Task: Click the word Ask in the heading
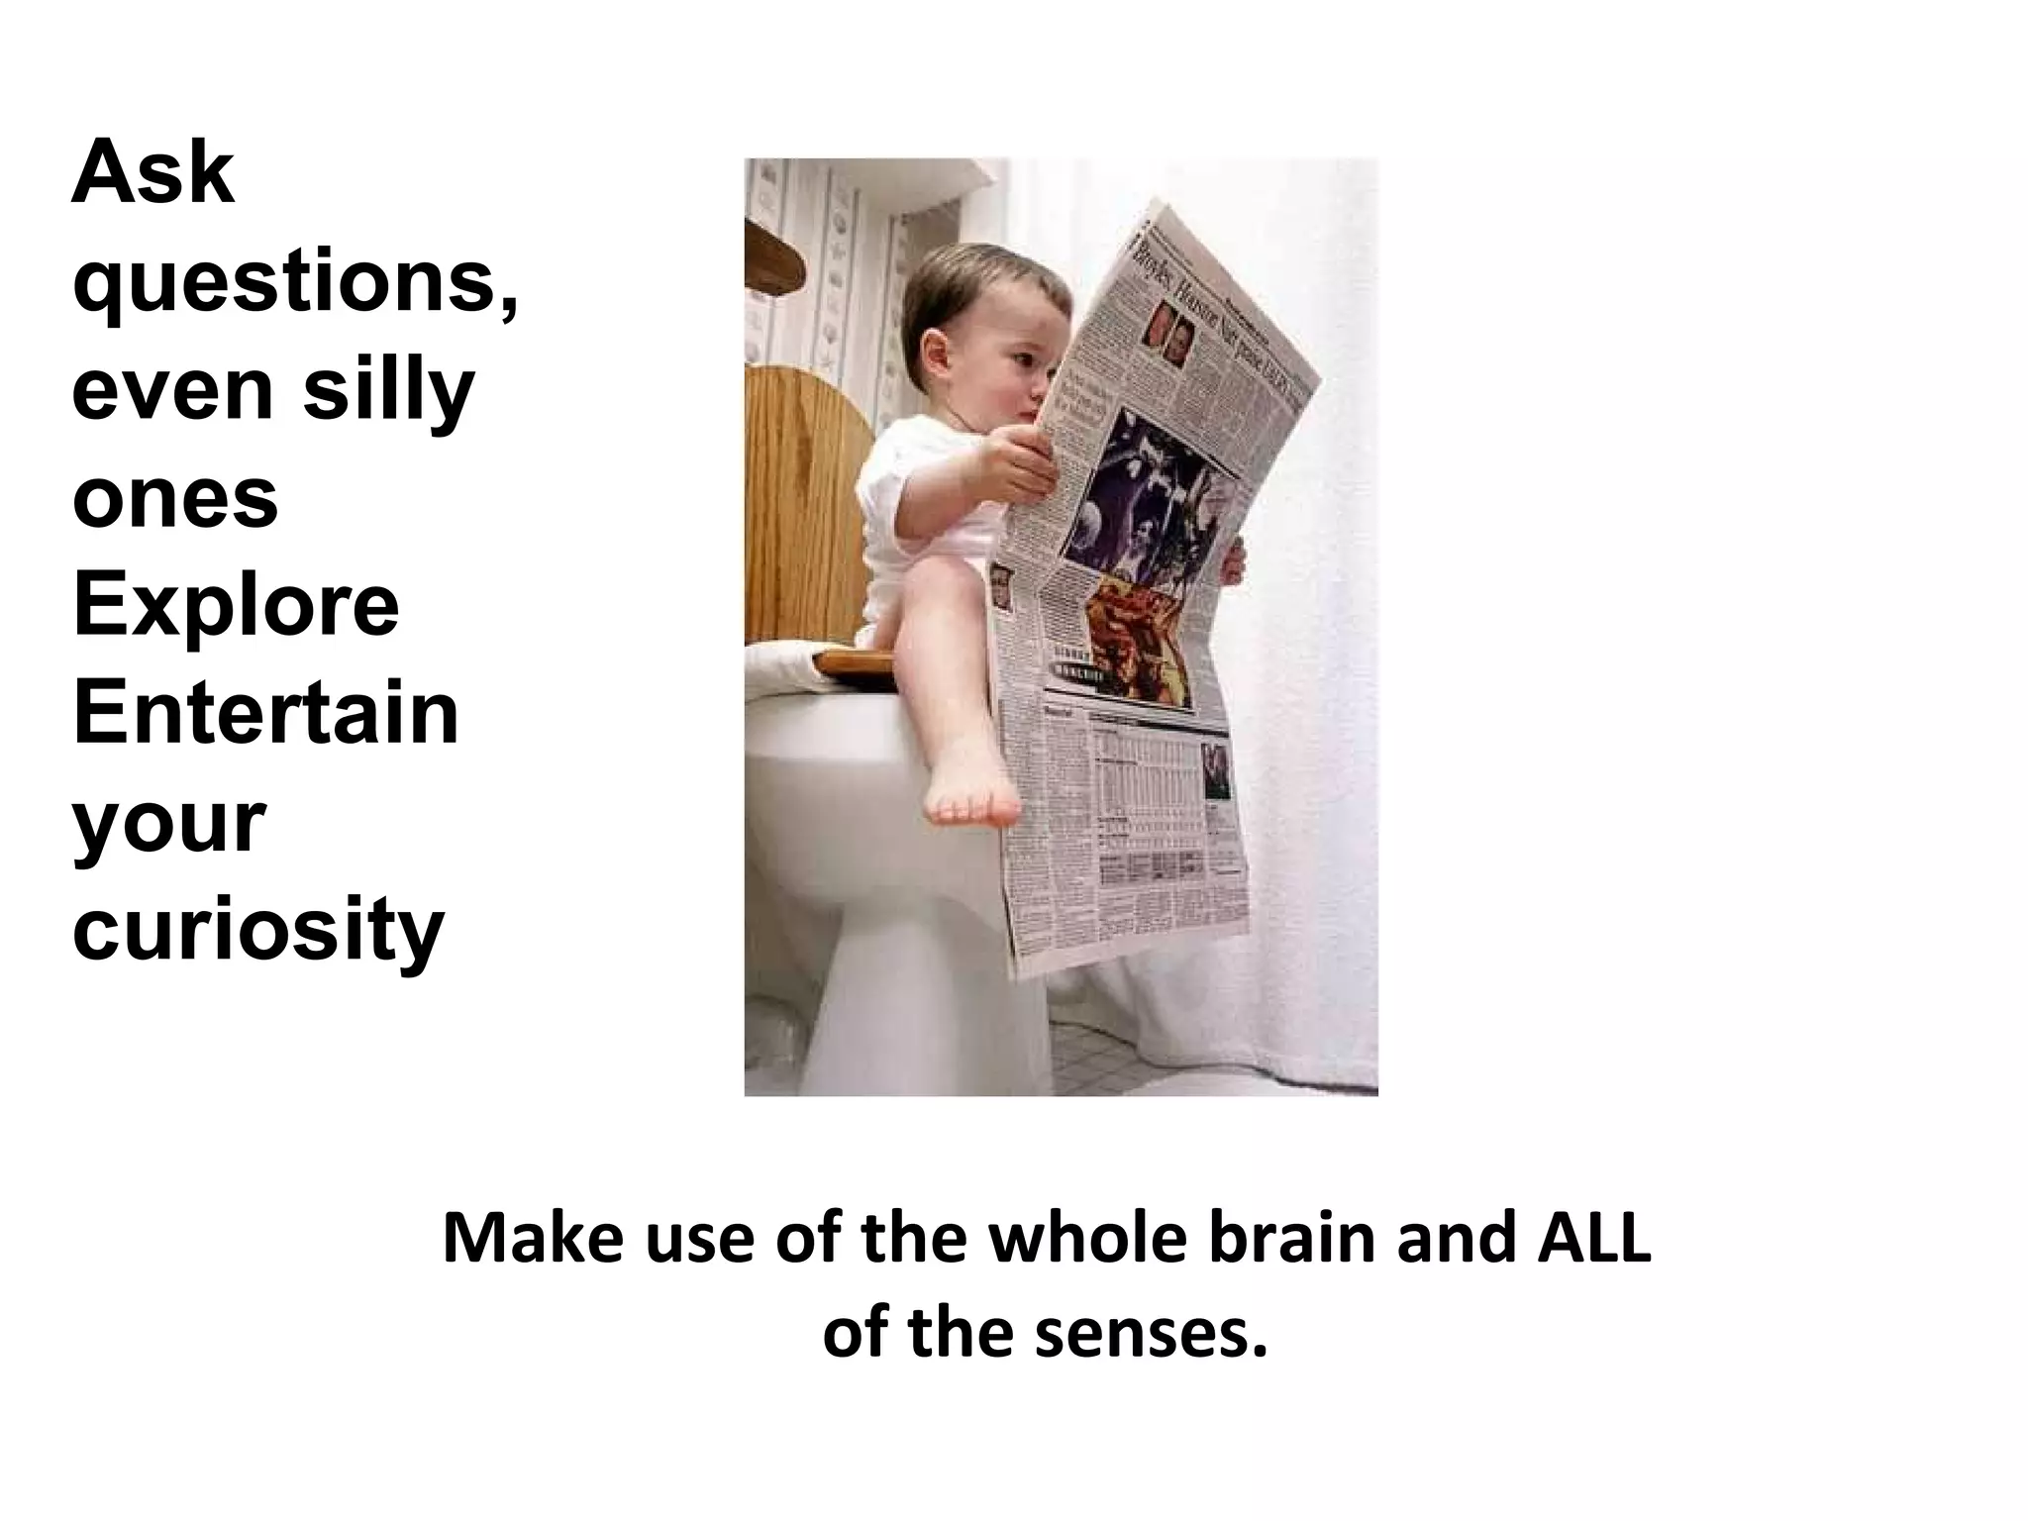click(x=153, y=175)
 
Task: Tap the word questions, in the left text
click(x=295, y=284)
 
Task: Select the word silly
click(x=388, y=391)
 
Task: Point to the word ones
click(x=175, y=498)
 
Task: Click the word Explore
click(x=236, y=605)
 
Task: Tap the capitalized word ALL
click(x=1594, y=1240)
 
